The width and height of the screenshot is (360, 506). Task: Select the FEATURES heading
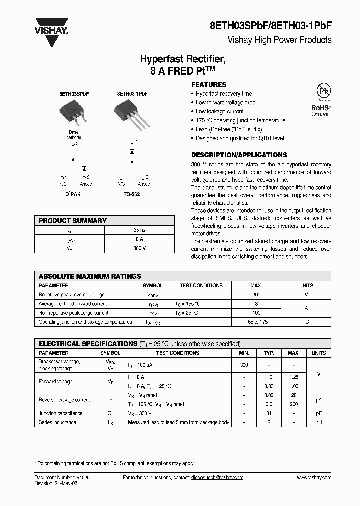click(x=209, y=85)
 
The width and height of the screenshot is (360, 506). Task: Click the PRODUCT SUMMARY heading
click(x=73, y=221)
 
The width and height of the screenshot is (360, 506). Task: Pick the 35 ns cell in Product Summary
click(x=139, y=231)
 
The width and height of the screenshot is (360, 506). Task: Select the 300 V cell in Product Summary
click(x=139, y=248)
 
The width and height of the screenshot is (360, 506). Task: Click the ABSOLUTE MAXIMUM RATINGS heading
click(x=90, y=276)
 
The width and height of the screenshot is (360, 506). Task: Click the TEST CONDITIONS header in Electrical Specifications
click(x=177, y=353)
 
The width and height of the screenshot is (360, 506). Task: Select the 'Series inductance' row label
click(x=57, y=422)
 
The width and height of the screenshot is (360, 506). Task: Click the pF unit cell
click(x=318, y=413)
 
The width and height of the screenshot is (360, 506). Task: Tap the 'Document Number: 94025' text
click(x=62, y=478)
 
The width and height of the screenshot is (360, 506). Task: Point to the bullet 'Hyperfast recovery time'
click(x=223, y=94)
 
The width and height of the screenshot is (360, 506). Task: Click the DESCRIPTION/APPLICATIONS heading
click(x=239, y=155)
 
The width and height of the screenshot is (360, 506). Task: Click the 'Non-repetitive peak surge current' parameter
click(x=73, y=313)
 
